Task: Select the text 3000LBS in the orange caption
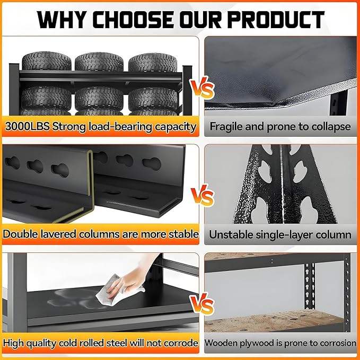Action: (27, 127)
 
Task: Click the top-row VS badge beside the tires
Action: (202, 87)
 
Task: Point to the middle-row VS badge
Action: (203, 196)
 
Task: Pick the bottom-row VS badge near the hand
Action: (203, 303)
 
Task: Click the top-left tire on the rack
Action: (46, 61)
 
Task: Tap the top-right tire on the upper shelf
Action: (153, 63)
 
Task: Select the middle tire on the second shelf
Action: (99, 98)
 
